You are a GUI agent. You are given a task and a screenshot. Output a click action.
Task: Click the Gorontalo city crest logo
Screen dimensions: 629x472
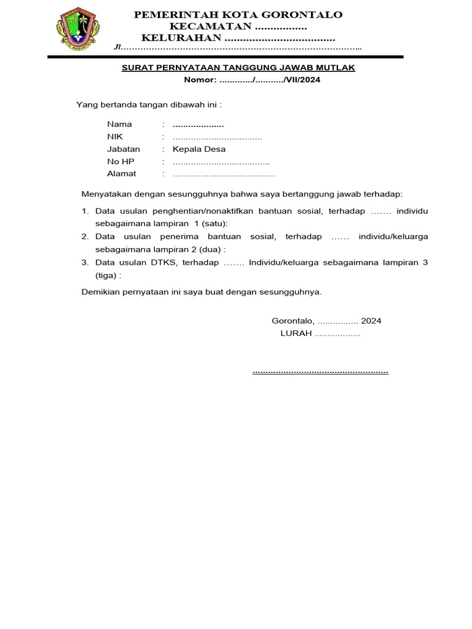tap(77, 29)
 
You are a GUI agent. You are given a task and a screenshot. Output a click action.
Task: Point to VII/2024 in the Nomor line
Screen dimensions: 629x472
tap(304, 80)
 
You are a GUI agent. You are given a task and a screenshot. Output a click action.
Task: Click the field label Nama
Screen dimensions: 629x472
tap(119, 124)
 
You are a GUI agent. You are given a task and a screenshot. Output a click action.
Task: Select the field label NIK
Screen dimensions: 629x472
tap(114, 136)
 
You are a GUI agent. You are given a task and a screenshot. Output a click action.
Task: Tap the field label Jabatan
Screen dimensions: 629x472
tap(124, 149)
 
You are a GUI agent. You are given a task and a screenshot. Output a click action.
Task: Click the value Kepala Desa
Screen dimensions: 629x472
tap(199, 149)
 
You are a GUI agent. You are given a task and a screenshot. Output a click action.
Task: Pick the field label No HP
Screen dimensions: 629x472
tap(120, 162)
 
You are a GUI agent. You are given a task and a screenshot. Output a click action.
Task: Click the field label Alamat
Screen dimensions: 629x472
tap(122, 174)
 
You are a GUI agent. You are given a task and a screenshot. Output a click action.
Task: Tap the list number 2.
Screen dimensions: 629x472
tap(85, 236)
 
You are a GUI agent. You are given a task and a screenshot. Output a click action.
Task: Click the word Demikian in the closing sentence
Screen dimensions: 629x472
tap(100, 292)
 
